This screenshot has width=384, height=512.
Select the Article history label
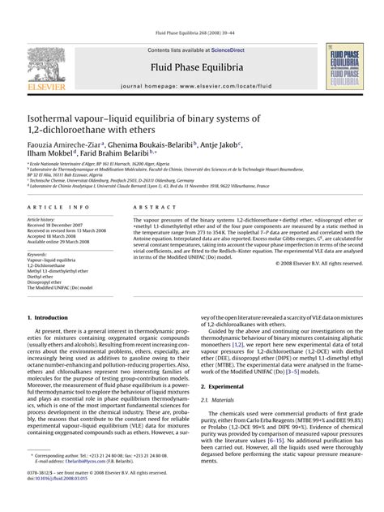coord(41,220)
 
